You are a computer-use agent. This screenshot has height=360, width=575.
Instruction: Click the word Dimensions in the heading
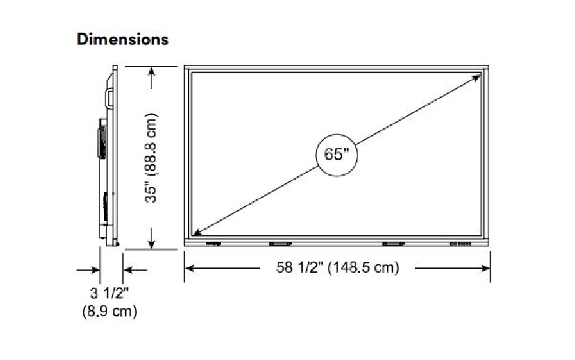(122, 39)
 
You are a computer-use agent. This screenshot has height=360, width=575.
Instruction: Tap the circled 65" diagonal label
(336, 155)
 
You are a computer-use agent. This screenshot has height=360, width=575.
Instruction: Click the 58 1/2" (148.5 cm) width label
(337, 267)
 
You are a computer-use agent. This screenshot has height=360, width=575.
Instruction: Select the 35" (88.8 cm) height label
(151, 158)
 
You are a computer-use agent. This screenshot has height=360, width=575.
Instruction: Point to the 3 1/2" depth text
(109, 293)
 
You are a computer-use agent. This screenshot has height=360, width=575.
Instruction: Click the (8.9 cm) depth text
(109, 311)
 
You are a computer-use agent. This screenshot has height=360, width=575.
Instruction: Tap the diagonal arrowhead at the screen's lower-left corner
(197, 232)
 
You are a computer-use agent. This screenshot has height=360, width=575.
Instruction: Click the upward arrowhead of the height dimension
(151, 72)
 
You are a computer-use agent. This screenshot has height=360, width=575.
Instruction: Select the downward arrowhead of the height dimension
(151, 243)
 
